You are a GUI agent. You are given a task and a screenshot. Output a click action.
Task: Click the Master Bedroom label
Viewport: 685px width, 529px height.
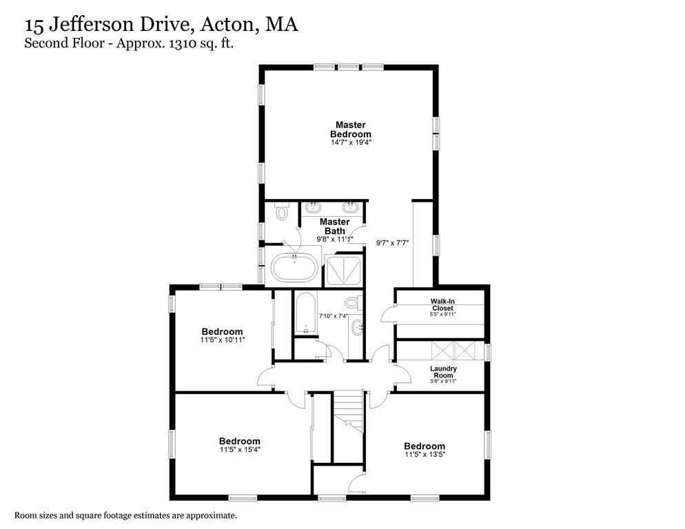(351, 129)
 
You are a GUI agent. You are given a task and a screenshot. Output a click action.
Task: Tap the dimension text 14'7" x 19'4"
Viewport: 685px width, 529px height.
(351, 143)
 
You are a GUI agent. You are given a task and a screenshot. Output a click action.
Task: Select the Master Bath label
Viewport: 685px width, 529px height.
(334, 226)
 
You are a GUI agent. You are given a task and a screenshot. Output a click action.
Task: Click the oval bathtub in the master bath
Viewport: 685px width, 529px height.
(294, 267)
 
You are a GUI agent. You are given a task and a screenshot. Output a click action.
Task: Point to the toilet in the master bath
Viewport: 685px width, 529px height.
(280, 213)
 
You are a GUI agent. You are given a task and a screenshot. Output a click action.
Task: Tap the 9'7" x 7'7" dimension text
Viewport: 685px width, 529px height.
(393, 242)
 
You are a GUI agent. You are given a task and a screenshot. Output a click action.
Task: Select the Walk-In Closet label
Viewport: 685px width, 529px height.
(442, 305)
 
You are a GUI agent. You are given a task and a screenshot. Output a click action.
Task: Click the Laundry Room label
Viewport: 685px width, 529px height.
(443, 373)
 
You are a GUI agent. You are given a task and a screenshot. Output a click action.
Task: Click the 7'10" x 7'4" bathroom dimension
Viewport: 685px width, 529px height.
(334, 315)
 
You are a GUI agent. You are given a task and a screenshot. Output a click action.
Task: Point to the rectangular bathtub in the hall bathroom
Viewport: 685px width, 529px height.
(304, 313)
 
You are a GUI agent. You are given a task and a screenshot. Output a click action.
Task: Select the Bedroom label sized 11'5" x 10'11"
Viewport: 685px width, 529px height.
(222, 331)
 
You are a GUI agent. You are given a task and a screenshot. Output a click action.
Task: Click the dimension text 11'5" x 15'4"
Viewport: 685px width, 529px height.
(240, 450)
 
